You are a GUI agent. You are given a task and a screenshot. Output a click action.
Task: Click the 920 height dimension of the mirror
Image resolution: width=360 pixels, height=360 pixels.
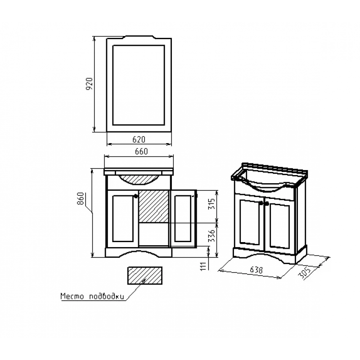tap(89, 84)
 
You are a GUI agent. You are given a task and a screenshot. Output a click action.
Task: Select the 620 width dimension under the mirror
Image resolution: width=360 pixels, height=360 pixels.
tap(139, 139)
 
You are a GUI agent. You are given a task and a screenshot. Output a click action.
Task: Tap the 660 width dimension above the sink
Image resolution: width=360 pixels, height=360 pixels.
tap(141, 151)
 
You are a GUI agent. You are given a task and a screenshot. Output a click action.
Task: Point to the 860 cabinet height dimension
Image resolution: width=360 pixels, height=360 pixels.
tap(81, 198)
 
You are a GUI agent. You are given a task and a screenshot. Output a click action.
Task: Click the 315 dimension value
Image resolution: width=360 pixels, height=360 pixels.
tap(212, 203)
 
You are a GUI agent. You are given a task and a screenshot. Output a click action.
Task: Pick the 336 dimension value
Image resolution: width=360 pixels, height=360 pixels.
tap(212, 235)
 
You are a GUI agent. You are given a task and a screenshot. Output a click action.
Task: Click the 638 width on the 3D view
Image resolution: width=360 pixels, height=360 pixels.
tap(256, 270)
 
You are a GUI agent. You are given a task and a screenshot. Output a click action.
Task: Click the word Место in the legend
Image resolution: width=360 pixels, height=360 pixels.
tap(72, 296)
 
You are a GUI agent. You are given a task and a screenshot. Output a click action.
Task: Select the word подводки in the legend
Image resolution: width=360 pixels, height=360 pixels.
tap(106, 297)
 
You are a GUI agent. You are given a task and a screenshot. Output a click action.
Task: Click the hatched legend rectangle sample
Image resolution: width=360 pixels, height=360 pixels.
tap(145, 275)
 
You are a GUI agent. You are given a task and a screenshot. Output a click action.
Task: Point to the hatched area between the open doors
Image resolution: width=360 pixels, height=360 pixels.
tap(154, 206)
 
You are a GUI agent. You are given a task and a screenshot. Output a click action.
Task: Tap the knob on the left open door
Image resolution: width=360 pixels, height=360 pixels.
tap(136, 196)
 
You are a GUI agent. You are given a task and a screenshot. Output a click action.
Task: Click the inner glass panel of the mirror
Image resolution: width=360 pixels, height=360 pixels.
tap(139, 85)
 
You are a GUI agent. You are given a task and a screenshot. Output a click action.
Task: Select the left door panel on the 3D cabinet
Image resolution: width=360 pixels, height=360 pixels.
tap(250, 222)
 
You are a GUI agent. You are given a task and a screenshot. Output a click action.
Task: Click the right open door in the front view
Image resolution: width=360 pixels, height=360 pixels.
tap(183, 219)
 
